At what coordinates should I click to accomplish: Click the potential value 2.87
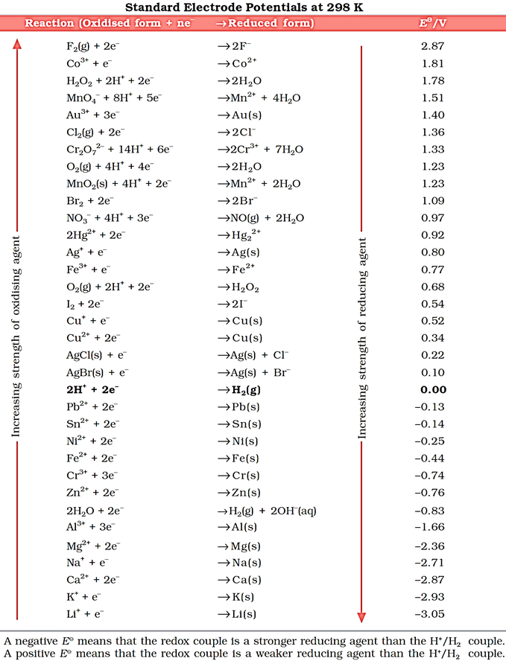pos(433,46)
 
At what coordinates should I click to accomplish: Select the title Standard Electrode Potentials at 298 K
pos(253,7)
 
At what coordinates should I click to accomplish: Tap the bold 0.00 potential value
pos(433,389)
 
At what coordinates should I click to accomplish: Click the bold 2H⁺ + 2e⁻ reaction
pos(93,389)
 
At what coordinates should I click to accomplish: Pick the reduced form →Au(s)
pos(241,115)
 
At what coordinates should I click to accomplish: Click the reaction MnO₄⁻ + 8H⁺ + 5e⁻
pos(110,98)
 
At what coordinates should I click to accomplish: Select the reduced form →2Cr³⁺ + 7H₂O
pos(260,150)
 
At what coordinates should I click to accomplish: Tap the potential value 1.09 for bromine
pos(433,201)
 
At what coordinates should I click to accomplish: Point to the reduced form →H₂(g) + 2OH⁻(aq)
pos(271,510)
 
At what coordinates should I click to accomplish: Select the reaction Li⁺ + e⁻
pos(85,614)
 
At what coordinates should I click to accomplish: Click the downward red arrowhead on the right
pos(362,616)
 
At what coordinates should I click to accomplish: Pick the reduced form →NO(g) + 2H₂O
pos(262,218)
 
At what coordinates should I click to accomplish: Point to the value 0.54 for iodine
pos(433,304)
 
